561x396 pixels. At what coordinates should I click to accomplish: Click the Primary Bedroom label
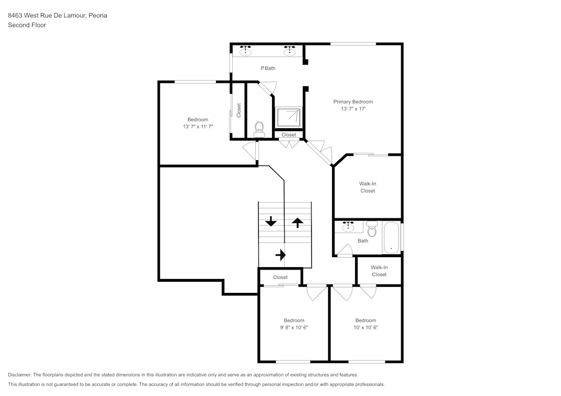(x=353, y=101)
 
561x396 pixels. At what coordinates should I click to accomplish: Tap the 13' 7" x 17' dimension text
(x=353, y=109)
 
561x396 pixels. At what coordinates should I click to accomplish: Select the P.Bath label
(x=268, y=68)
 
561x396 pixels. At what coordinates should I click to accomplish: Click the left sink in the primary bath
(x=245, y=52)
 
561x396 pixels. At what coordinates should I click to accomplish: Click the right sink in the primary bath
(x=289, y=52)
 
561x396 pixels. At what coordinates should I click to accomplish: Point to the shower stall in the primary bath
(x=289, y=117)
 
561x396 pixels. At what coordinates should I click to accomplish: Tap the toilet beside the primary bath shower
(x=259, y=130)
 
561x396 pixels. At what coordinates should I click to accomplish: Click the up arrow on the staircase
(x=297, y=222)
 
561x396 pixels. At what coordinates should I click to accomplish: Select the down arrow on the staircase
(x=271, y=221)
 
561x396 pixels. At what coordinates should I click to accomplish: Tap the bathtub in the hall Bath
(x=391, y=237)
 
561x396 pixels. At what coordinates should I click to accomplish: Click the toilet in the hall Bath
(x=371, y=229)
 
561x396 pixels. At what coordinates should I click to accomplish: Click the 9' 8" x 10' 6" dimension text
(x=294, y=328)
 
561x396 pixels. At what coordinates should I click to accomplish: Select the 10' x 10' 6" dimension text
(x=366, y=328)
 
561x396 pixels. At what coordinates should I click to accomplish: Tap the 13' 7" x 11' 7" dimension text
(x=197, y=127)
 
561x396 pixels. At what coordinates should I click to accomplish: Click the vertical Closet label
(x=239, y=110)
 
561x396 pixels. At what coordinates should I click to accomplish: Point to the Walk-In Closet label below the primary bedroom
(x=367, y=187)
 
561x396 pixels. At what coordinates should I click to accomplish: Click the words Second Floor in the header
(x=27, y=25)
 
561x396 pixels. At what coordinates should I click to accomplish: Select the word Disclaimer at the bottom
(x=20, y=375)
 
